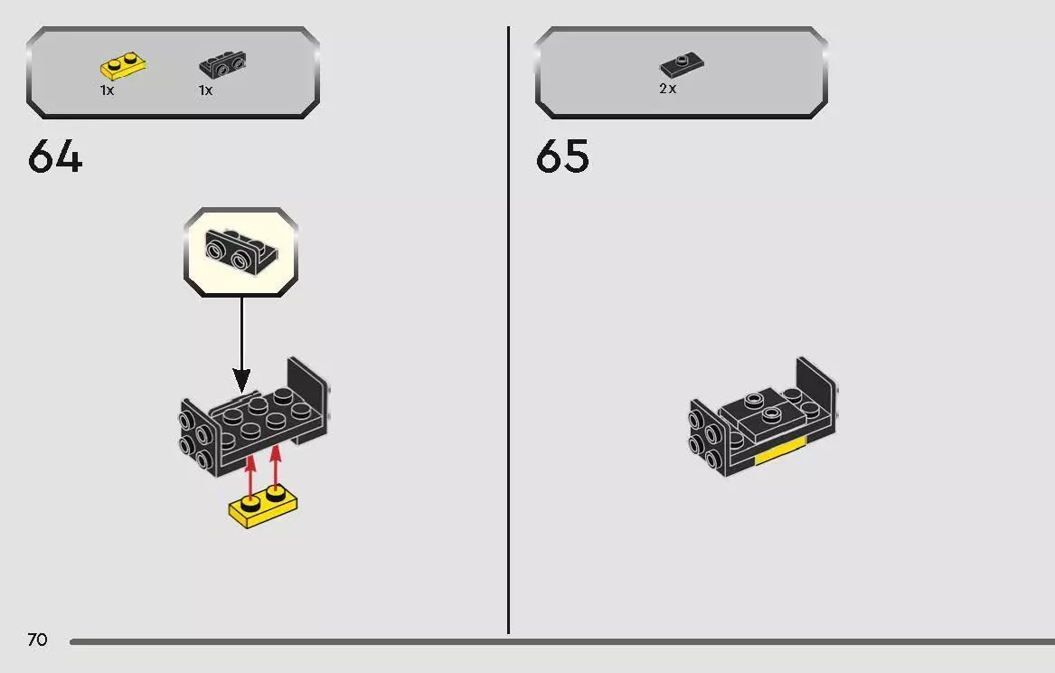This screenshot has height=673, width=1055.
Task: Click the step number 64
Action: (x=55, y=157)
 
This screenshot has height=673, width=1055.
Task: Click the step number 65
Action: (x=562, y=157)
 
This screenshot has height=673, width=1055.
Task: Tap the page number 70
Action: (x=37, y=640)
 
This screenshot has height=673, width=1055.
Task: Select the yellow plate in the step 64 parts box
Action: (x=122, y=66)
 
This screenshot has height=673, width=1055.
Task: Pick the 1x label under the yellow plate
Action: (x=107, y=90)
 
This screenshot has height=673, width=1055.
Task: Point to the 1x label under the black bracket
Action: (x=206, y=90)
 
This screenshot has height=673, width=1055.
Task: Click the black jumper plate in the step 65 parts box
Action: (x=682, y=65)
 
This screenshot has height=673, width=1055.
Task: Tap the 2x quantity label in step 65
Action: (x=668, y=89)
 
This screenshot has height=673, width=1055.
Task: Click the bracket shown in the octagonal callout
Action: (x=240, y=251)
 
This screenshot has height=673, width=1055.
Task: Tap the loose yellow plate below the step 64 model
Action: (x=263, y=509)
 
